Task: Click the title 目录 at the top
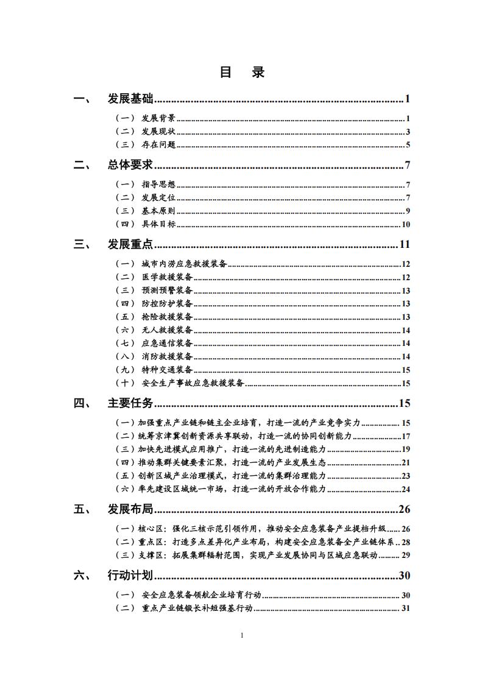tap(242, 72)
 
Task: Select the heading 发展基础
tap(130, 99)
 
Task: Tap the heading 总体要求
tap(130, 165)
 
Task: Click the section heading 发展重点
tap(130, 245)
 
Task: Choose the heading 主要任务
tap(130, 403)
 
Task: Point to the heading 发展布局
tap(130, 509)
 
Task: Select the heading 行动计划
tap(130, 576)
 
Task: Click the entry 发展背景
tap(158, 118)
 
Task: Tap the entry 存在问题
tap(158, 145)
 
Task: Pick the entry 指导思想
tap(158, 185)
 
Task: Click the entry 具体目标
tap(158, 225)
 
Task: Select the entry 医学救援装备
tap(167, 277)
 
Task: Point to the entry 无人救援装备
tap(167, 330)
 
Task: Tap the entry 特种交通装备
tap(167, 370)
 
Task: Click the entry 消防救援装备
tap(167, 356)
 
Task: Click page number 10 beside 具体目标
tap(405, 225)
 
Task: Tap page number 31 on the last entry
tap(406, 608)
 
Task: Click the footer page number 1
tap(242, 636)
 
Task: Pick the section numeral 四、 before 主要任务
tap(82, 403)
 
